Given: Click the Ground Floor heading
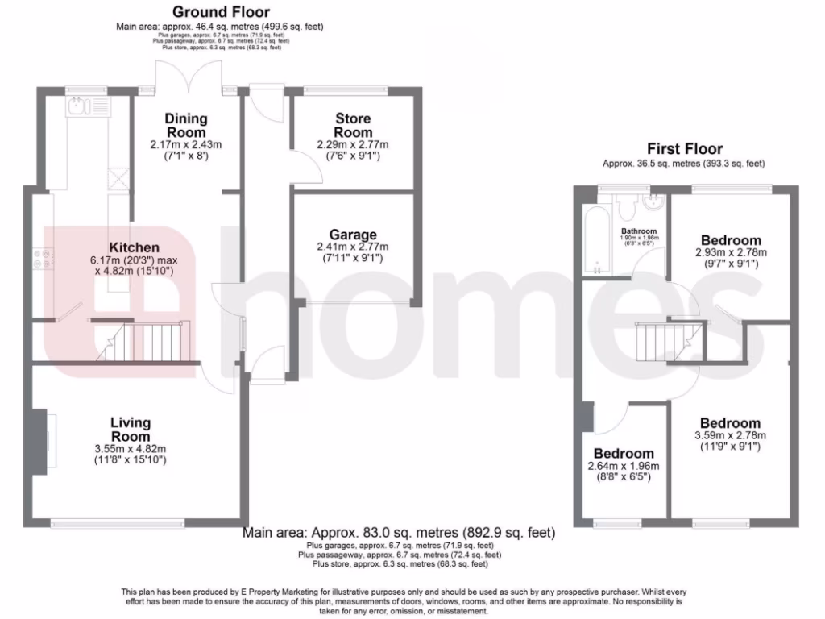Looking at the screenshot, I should [x=221, y=12].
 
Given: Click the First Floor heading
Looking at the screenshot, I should [x=685, y=148].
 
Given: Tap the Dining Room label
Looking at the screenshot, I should [x=186, y=125].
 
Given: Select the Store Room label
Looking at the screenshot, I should [x=353, y=126].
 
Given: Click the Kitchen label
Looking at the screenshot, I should [x=134, y=247].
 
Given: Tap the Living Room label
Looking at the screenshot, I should [x=131, y=430].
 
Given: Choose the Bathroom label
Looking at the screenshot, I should [x=638, y=231].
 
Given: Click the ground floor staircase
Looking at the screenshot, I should [x=153, y=343].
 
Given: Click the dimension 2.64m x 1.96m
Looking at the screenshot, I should [x=624, y=466].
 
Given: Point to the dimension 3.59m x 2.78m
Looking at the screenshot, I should [x=730, y=435].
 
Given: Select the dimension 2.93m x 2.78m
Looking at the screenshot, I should [x=730, y=252].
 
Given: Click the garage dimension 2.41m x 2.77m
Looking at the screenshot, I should [x=353, y=247].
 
